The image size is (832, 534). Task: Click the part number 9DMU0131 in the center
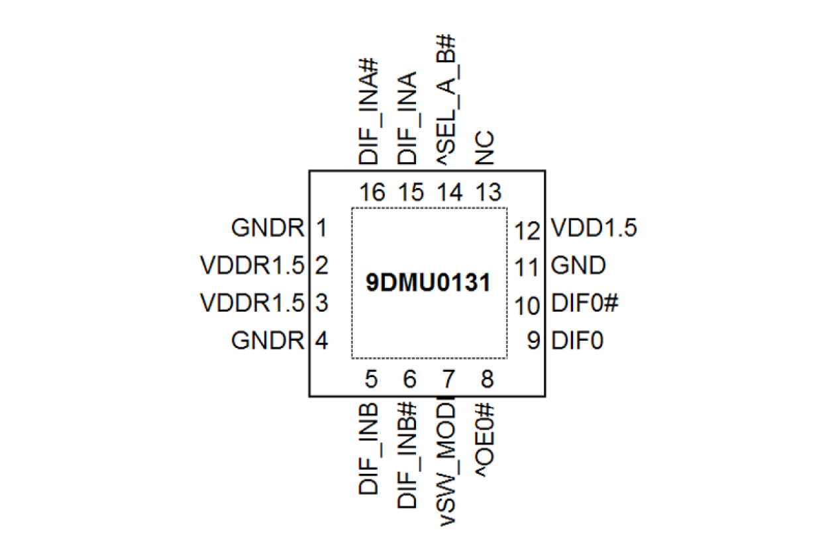(x=429, y=284)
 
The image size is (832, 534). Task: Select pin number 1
(x=322, y=229)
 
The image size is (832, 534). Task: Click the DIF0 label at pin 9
(x=577, y=341)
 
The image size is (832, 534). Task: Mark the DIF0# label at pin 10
(x=584, y=304)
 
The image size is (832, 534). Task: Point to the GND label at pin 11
(x=578, y=267)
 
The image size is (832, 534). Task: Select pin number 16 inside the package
(x=372, y=193)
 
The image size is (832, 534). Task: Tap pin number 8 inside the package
(x=488, y=379)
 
